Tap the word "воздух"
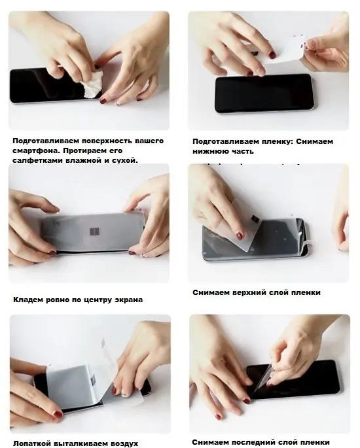[x=126, y=443]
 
